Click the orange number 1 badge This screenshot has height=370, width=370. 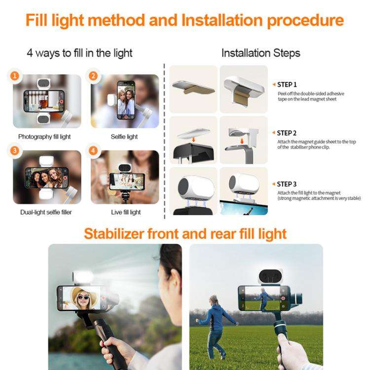(x=15, y=76)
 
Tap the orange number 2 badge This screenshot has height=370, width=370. (x=93, y=76)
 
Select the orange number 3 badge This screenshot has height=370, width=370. (x=15, y=151)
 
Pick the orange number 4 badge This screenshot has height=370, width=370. (x=93, y=151)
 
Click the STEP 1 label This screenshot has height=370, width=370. (x=287, y=84)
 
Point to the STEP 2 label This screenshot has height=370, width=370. (x=287, y=133)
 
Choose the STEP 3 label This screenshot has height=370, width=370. (x=287, y=184)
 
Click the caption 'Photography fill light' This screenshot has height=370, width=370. (x=45, y=137)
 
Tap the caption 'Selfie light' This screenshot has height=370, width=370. (x=124, y=137)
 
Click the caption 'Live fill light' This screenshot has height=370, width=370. (x=126, y=212)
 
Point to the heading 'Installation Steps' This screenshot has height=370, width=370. (x=260, y=53)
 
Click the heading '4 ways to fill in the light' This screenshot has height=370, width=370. (x=79, y=53)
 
